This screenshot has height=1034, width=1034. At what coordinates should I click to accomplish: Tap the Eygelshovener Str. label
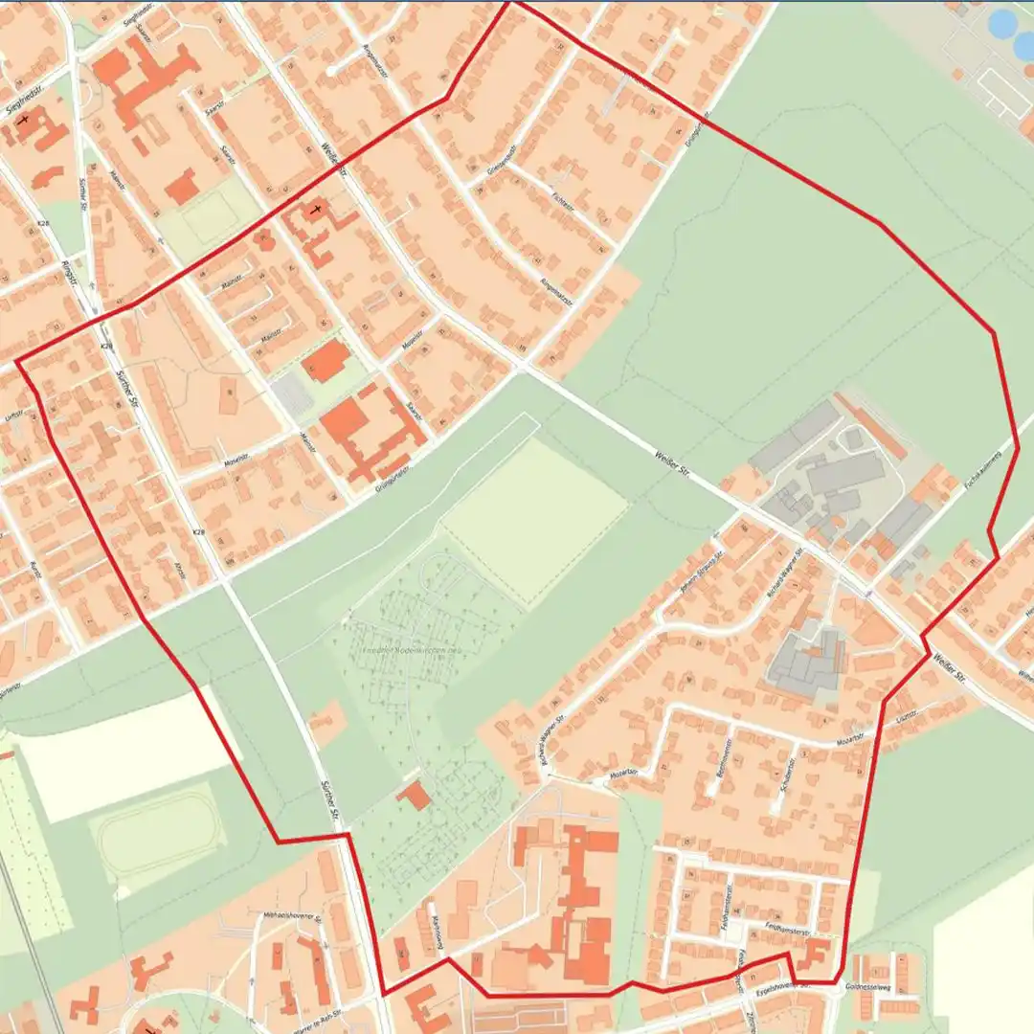(778, 985)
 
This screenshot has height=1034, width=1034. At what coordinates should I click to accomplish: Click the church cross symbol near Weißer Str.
(317, 209)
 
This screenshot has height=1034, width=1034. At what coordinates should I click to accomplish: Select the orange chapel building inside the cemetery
(415, 795)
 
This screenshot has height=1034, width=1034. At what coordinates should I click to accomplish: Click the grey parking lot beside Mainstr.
(289, 394)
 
